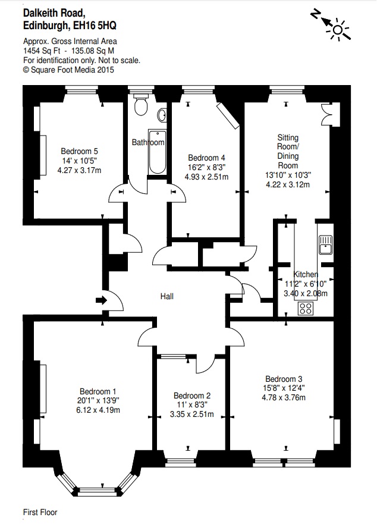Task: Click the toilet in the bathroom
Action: (x=141, y=106)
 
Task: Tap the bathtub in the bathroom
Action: (x=156, y=152)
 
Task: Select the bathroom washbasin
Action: (x=162, y=115)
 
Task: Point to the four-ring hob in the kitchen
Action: (x=307, y=308)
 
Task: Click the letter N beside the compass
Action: (x=315, y=14)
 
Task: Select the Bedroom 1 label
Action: (x=98, y=391)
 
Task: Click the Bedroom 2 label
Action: (x=192, y=396)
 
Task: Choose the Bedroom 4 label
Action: (x=206, y=158)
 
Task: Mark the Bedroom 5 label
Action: (x=79, y=151)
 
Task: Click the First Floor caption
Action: (x=40, y=512)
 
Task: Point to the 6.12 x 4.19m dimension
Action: (x=98, y=410)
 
